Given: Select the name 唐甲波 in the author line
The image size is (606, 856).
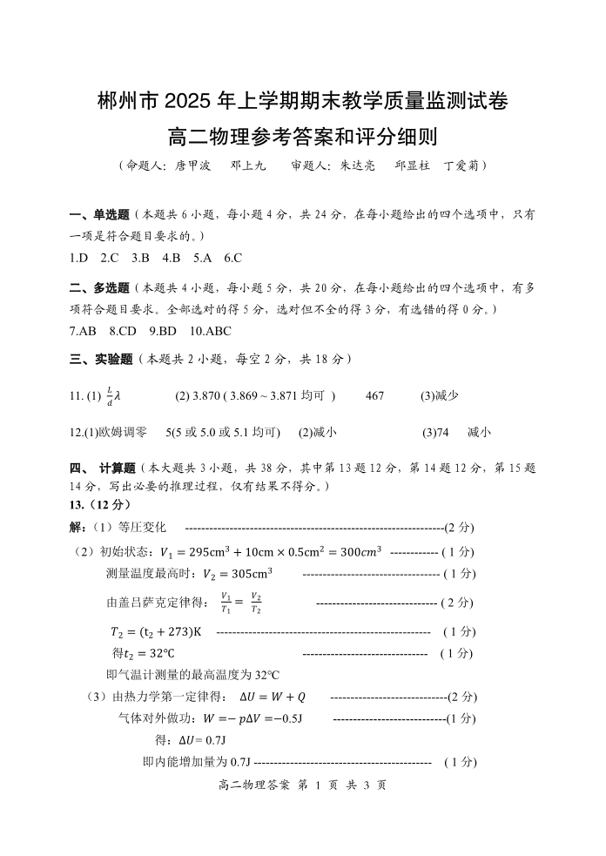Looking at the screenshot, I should (x=192, y=164).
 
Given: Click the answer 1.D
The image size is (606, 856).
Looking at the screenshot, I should (x=79, y=257).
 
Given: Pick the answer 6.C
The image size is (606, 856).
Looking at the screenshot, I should (x=232, y=257).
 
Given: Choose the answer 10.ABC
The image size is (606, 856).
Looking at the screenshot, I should (x=210, y=331).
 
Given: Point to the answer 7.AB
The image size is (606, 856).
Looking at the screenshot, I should (x=83, y=331).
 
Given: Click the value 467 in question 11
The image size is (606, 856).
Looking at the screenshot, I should (x=374, y=396).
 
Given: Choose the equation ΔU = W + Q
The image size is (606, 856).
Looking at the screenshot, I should (x=273, y=697).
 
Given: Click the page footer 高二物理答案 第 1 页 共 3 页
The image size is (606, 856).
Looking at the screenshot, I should (x=303, y=785).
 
